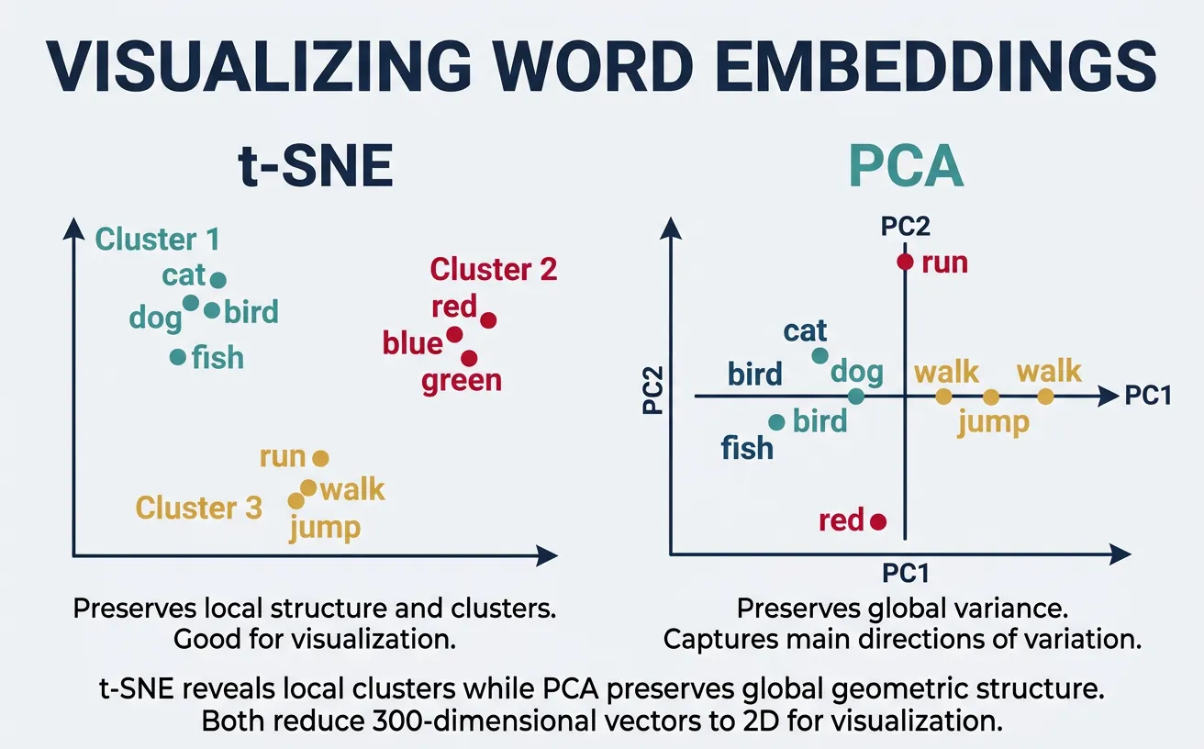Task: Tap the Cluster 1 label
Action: pos(158,240)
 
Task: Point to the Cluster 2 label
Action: pos(494,270)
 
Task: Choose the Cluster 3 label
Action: pos(199,508)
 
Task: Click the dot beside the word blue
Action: pos(454,334)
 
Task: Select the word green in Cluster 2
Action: pos(462,380)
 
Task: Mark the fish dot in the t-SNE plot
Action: pos(178,356)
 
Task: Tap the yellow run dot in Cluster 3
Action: pos(320,457)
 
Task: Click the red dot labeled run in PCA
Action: pos(906,263)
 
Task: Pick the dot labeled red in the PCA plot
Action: pos(878,521)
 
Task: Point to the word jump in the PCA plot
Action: pos(993,423)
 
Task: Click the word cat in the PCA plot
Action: pos(806,330)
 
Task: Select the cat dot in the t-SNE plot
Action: pos(218,280)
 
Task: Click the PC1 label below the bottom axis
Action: pos(906,574)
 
